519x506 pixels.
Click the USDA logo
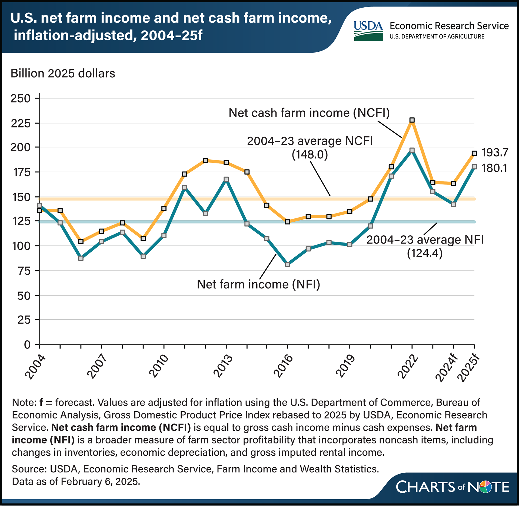click(x=368, y=31)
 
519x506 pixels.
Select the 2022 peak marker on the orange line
click(x=412, y=120)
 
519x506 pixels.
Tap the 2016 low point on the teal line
click(x=287, y=264)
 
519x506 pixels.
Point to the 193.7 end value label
click(x=495, y=153)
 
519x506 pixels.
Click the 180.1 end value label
click(x=495, y=168)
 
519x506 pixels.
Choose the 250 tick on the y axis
click(x=21, y=98)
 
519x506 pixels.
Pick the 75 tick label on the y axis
click(x=24, y=271)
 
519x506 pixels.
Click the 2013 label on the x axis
click(x=223, y=366)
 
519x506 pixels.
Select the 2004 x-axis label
click(x=35, y=368)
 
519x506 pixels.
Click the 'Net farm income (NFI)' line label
click(x=258, y=284)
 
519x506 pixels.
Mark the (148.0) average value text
click(x=310, y=155)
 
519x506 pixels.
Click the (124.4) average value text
click(x=425, y=253)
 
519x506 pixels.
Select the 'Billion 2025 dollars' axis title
click(x=63, y=74)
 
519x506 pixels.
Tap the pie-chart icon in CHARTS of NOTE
click(x=485, y=487)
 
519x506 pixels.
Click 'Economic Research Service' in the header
click(x=449, y=26)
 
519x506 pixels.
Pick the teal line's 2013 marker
click(x=226, y=179)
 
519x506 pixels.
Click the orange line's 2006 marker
click(x=81, y=242)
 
